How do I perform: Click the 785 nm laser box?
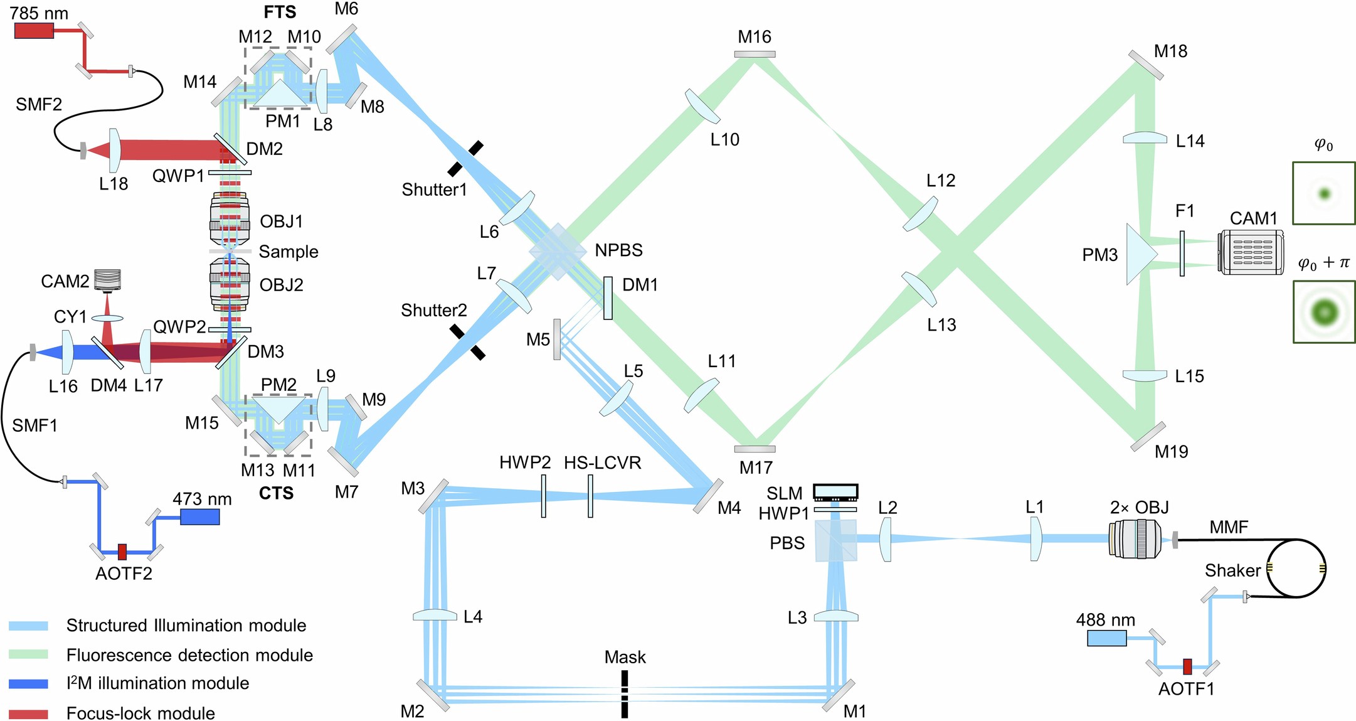click(34, 30)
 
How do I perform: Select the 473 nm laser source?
click(199, 516)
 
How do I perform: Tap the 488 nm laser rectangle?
click(1106, 639)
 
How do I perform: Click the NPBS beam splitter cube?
click(556, 252)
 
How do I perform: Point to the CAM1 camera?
click(1250, 252)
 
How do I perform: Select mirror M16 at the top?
click(755, 54)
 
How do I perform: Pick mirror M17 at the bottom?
click(755, 449)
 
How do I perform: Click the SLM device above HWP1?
click(835, 491)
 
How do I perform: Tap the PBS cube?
click(835, 540)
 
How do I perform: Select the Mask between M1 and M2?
click(625, 694)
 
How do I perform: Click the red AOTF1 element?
click(1187, 666)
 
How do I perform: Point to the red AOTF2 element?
click(122, 552)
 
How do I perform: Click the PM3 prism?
click(1139, 254)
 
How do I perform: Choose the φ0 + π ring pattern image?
click(1324, 312)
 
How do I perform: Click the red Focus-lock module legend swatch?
click(28, 713)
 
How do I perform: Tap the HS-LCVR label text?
click(602, 463)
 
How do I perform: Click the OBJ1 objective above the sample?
click(230, 220)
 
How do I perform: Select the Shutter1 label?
click(434, 190)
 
